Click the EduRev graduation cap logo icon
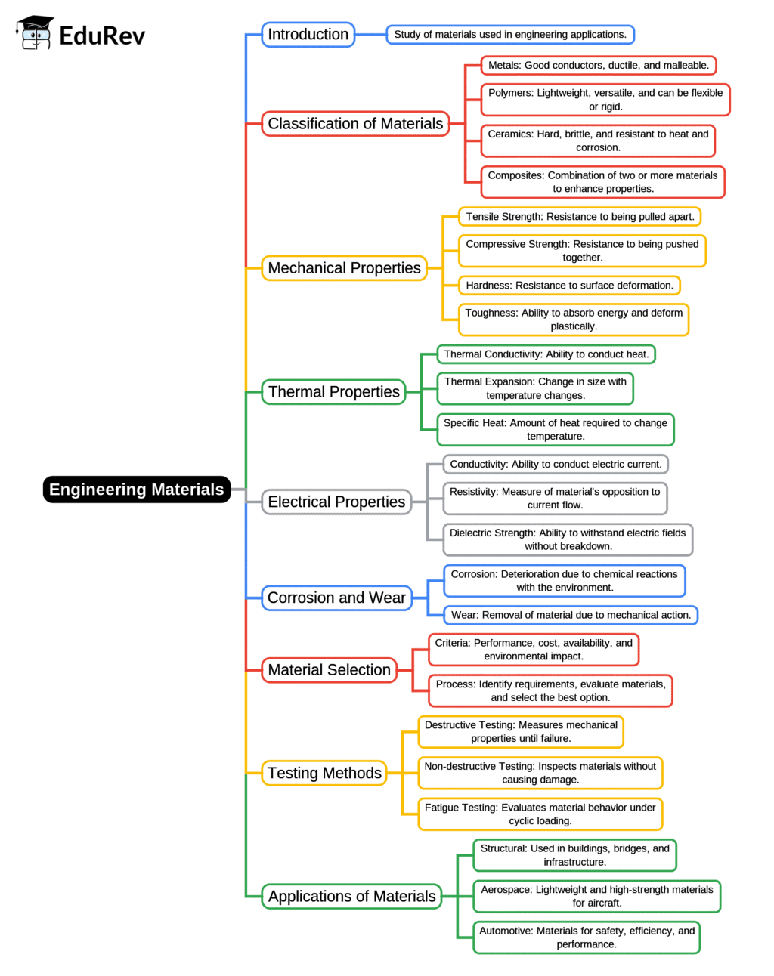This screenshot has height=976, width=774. (x=35, y=33)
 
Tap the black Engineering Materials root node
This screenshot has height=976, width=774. (x=136, y=490)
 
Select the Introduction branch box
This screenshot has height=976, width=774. (x=308, y=35)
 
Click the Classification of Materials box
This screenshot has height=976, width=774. (x=355, y=124)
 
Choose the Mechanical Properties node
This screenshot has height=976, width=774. (x=344, y=268)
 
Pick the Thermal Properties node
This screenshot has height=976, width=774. (x=333, y=392)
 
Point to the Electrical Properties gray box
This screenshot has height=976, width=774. (x=336, y=502)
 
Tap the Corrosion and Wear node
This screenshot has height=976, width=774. (x=336, y=598)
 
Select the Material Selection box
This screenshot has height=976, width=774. (x=329, y=670)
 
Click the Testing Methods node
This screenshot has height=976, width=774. (x=324, y=773)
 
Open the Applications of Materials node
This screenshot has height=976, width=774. (x=351, y=897)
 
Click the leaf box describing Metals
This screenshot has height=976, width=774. (x=599, y=66)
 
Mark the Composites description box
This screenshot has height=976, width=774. (x=602, y=182)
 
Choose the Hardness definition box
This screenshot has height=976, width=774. (x=569, y=286)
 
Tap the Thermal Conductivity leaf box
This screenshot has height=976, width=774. (x=546, y=354)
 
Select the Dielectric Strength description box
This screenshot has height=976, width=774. (x=568, y=539)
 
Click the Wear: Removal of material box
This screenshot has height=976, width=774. (x=571, y=615)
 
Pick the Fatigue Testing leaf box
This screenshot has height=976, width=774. (x=540, y=814)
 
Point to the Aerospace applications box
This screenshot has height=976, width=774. (x=596, y=896)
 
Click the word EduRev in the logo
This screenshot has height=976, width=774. (x=102, y=36)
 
